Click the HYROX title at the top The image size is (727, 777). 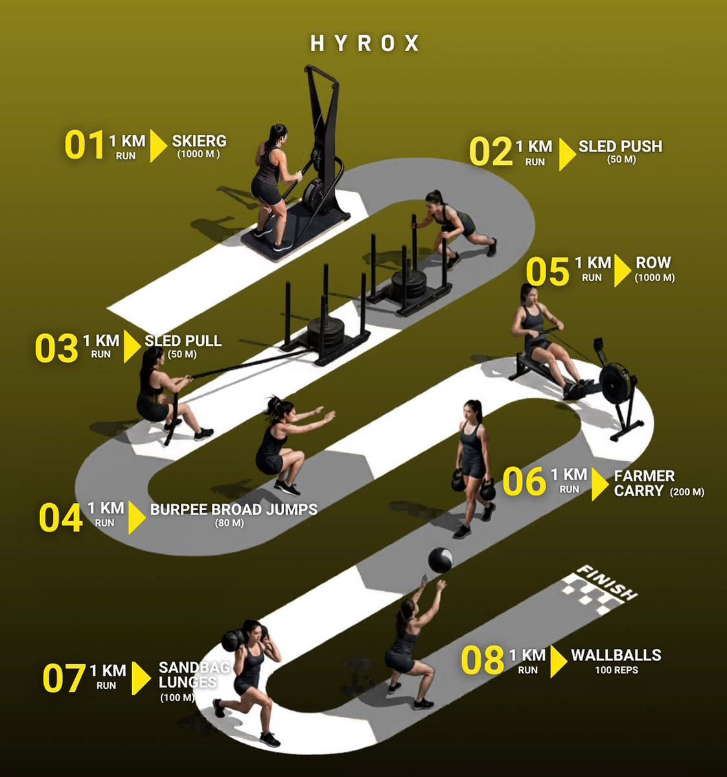pyautogui.click(x=365, y=43)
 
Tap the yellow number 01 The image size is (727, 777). pyautogui.click(x=85, y=145)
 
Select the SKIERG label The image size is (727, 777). pyautogui.click(x=200, y=141)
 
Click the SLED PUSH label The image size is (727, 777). pyautogui.click(x=621, y=146)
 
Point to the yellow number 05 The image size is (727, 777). pyautogui.click(x=548, y=271)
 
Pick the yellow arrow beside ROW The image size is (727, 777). pyautogui.click(x=623, y=270)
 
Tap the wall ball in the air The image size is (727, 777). pyautogui.click(x=440, y=560)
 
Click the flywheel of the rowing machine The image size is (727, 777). pyautogui.click(x=617, y=384)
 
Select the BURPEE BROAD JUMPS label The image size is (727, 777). pyautogui.click(x=234, y=510)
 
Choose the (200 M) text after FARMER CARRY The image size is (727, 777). pyautogui.click(x=687, y=492)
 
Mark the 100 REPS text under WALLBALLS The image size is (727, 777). pyautogui.click(x=617, y=670)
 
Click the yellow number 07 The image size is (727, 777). pyautogui.click(x=64, y=678)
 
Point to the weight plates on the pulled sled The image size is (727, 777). pyautogui.click(x=326, y=333)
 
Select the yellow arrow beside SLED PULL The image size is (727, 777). pyautogui.click(x=132, y=346)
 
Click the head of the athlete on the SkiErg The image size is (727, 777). pyautogui.click(x=277, y=134)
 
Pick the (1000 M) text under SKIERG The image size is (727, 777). pyautogui.click(x=198, y=153)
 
